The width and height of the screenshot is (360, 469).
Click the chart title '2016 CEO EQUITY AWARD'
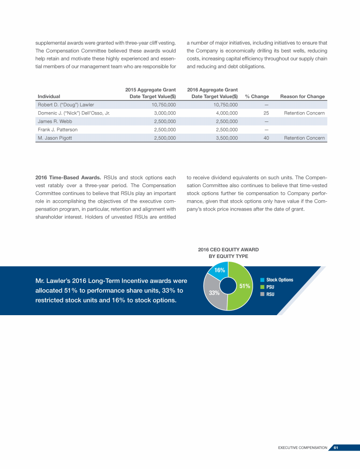click(228, 250)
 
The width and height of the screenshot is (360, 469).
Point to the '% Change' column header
click(257, 97)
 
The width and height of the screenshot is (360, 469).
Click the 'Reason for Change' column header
click(302, 97)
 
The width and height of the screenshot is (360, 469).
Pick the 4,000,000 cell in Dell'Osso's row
click(227, 113)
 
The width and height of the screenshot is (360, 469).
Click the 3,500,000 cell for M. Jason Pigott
click(227, 138)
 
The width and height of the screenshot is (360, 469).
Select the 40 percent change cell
click(266, 138)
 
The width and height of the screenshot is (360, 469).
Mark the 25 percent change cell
click(266, 113)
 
